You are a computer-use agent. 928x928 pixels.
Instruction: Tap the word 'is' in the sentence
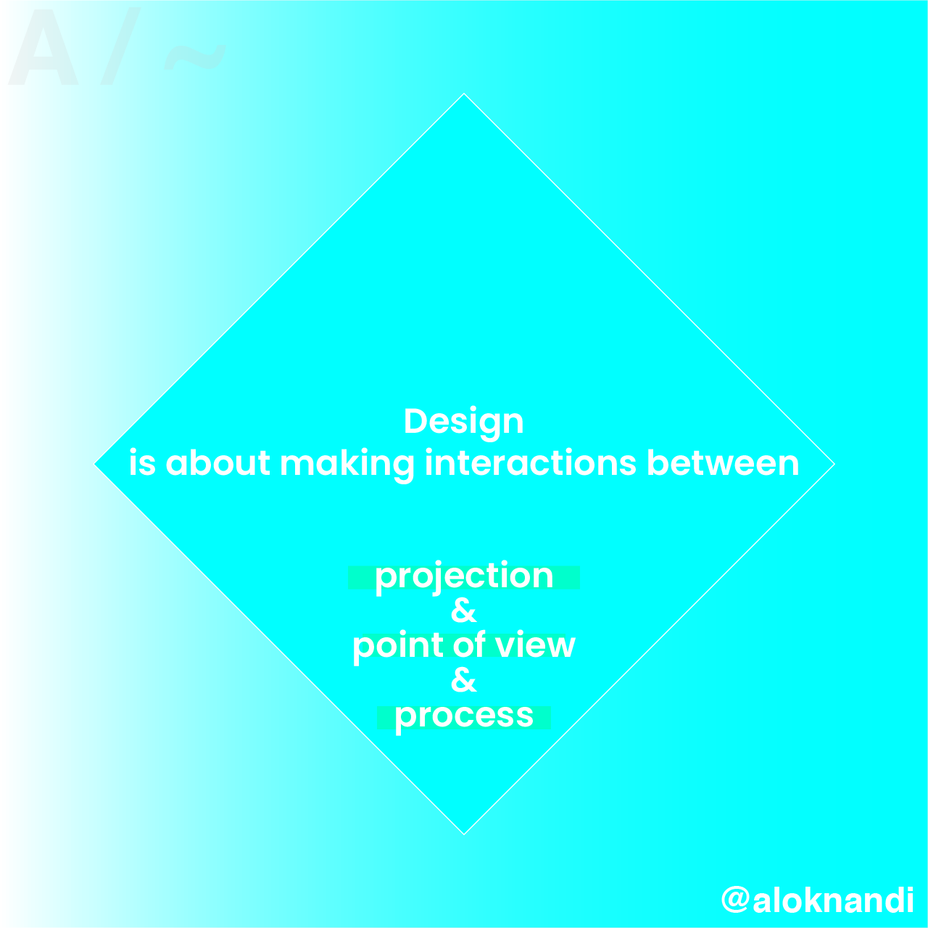[143, 463]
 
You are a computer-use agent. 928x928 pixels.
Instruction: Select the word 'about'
[217, 463]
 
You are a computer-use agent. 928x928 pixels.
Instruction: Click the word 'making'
[347, 465]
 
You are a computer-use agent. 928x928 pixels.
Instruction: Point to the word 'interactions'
[531, 463]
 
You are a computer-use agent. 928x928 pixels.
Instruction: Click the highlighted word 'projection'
[464, 577]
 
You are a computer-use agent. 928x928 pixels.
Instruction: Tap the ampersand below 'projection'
[464, 610]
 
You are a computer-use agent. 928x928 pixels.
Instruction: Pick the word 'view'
[536, 645]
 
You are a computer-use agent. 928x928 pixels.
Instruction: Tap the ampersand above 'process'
[464, 680]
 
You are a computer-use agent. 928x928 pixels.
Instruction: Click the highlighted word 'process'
[464, 717]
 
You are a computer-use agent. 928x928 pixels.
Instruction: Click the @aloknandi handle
[817, 900]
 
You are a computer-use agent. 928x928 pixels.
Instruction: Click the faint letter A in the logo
[43, 47]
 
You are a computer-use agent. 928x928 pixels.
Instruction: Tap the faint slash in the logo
[120, 46]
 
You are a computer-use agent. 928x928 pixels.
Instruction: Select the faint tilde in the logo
[194, 57]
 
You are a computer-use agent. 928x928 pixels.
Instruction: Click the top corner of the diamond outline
[464, 94]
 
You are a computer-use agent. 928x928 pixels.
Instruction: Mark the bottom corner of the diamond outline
[464, 834]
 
